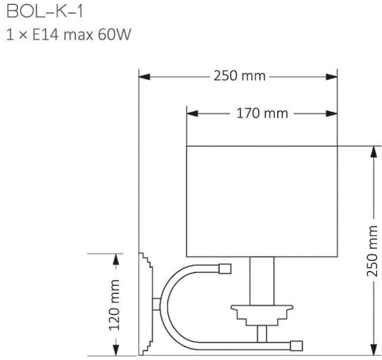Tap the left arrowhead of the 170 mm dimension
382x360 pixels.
coord(193,114)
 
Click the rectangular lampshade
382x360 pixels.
coord(262,201)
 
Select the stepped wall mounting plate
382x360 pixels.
coord(146,303)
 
